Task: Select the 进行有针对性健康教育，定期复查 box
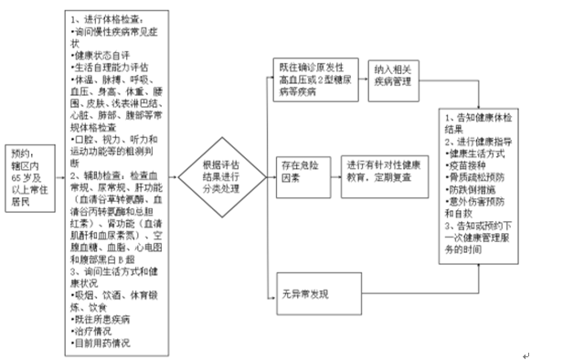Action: click(x=385, y=174)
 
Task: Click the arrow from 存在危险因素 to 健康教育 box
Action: click(x=333, y=174)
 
